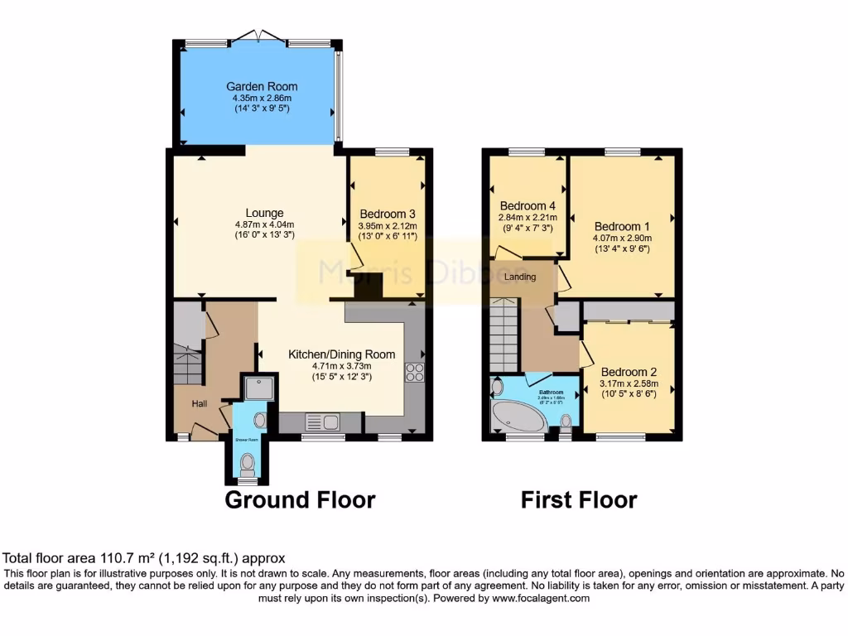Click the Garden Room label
point(263,86)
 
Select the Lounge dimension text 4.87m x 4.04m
point(264,224)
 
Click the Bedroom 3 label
point(388,213)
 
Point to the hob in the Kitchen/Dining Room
point(414,373)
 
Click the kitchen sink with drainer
point(324,422)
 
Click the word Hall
point(200,403)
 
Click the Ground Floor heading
point(300,500)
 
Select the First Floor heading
point(579,500)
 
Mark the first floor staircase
point(503,335)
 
